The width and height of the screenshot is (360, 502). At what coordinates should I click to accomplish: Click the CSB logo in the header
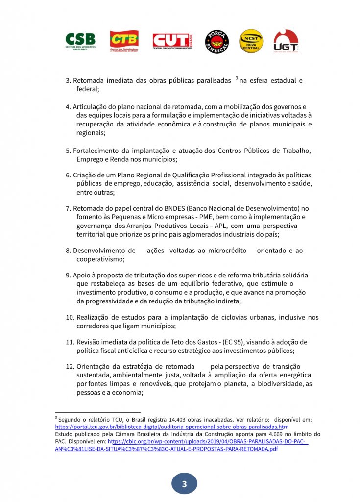click(x=80, y=41)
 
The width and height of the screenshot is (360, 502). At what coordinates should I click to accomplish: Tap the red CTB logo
click(x=124, y=42)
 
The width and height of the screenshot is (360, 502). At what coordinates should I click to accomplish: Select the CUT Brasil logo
click(x=173, y=41)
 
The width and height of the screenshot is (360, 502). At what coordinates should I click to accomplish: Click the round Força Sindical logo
click(x=216, y=42)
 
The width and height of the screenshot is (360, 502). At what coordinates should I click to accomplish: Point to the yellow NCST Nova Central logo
click(x=251, y=42)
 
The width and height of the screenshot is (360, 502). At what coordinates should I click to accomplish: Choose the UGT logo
click(x=286, y=42)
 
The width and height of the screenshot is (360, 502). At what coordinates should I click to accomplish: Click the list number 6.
click(x=68, y=175)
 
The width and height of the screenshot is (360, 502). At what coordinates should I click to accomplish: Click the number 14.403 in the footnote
click(x=154, y=420)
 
